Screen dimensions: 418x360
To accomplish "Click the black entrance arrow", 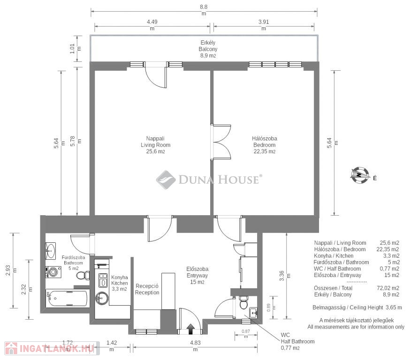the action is pos(190,329).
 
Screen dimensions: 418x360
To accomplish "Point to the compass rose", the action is pos(360,175).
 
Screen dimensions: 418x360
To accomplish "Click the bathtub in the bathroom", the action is pos(67,298).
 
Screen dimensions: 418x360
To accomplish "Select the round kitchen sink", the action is pos(102,298).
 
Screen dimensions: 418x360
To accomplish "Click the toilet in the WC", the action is pos(243,302).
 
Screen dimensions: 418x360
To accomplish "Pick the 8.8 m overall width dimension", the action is pos(204,10).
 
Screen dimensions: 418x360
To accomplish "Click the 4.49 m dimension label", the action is pos(152,25).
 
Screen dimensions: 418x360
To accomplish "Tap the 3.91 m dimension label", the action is pos(264,25).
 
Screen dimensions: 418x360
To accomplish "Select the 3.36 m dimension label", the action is pos(285,276).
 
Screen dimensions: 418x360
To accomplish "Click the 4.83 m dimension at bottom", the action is pos(196,346).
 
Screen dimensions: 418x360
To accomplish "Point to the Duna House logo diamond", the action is pos(166,180).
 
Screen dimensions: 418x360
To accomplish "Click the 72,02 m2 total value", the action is pos(388,288).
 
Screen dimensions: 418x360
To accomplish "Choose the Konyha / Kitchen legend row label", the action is pos(334,255).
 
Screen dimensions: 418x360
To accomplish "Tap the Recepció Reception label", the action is pos(147,289).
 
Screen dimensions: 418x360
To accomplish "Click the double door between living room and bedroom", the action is pos(220,142).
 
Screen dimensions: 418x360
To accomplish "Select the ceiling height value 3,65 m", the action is pos(394,307).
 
